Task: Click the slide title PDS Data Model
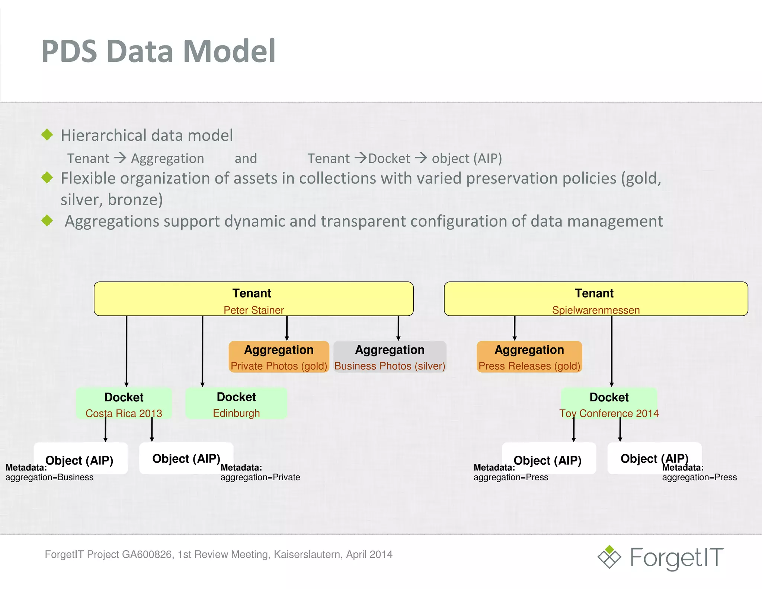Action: [x=159, y=51]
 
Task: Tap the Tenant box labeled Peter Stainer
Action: [x=253, y=299]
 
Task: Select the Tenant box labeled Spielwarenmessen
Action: [x=596, y=299]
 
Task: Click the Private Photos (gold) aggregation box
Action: [x=279, y=357]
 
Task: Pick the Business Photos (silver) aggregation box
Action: [x=390, y=357]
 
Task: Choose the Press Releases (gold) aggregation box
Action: [x=529, y=357]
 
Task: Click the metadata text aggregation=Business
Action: [x=49, y=477]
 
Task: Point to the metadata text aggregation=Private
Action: [x=260, y=477]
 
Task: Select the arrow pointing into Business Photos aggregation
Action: [x=398, y=328]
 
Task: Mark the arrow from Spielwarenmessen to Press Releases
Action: [x=515, y=328]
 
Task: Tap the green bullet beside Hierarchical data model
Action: [x=47, y=135]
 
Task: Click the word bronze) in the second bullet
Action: [x=135, y=200]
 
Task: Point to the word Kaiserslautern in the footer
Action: [x=308, y=554]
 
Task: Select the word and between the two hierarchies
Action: [x=246, y=159]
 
